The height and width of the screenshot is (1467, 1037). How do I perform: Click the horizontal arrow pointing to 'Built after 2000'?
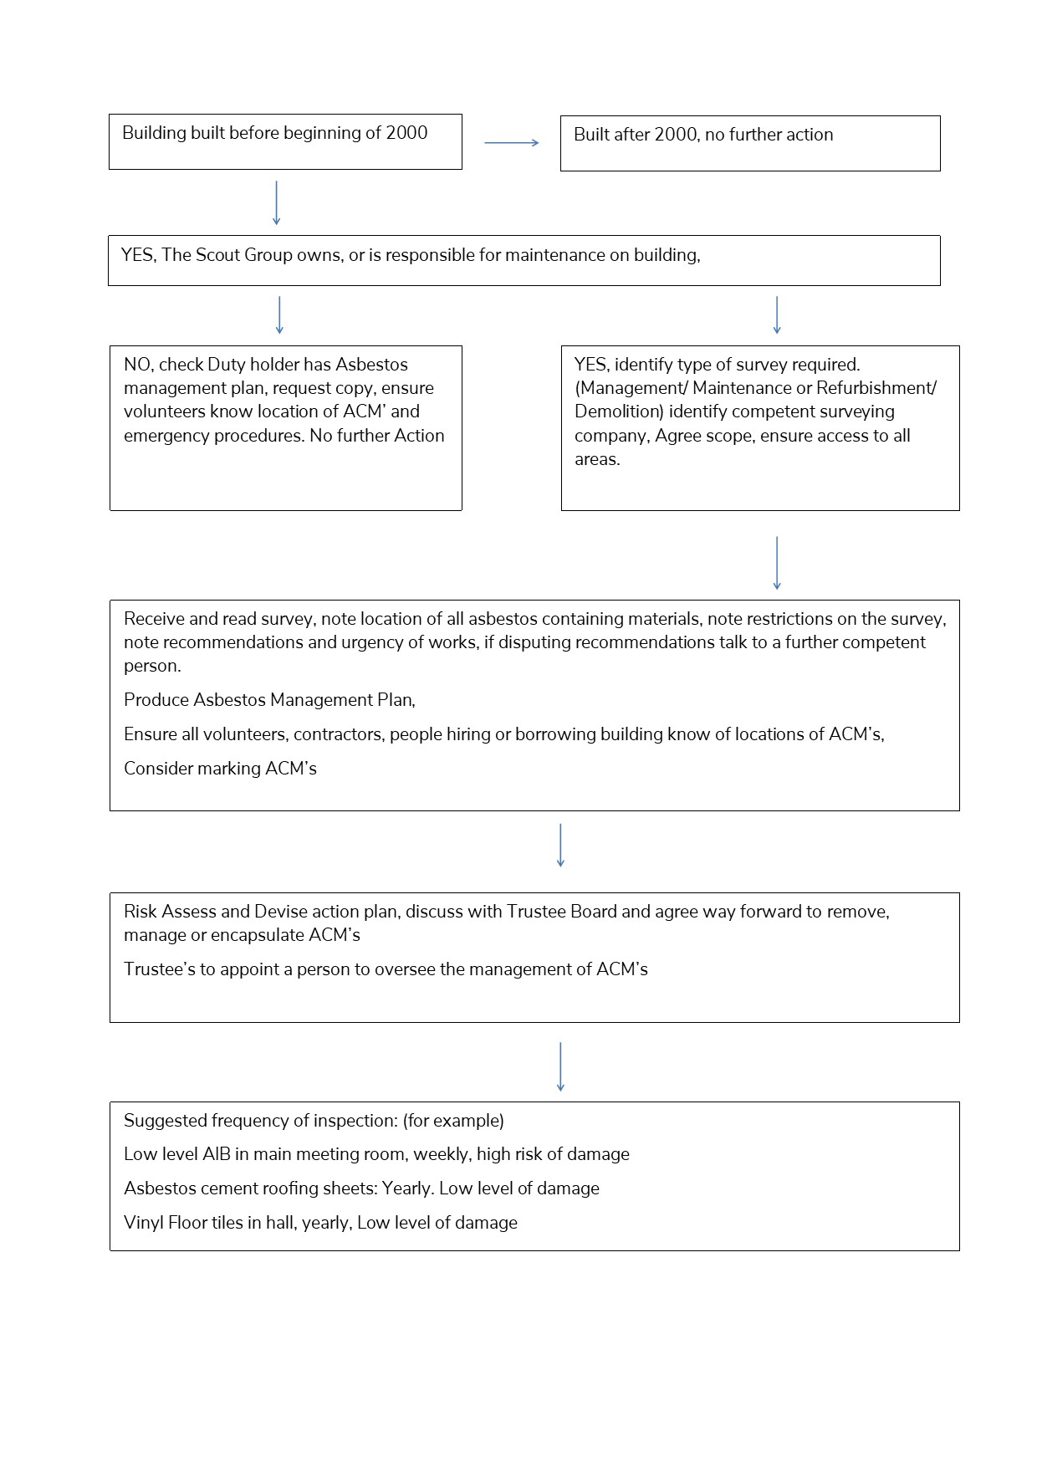click(x=511, y=143)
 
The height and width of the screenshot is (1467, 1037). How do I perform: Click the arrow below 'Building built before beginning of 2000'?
click(x=276, y=203)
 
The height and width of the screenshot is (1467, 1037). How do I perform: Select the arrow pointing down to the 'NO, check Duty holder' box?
click(x=279, y=315)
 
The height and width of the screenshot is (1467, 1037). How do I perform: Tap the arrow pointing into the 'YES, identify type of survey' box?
click(x=777, y=315)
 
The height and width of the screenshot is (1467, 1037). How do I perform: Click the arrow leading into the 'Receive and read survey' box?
click(x=777, y=563)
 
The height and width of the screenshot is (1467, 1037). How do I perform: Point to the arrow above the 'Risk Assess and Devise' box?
click(x=560, y=845)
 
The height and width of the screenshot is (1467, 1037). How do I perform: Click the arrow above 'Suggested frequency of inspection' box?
click(x=560, y=1066)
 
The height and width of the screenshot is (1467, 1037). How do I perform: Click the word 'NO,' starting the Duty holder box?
click(x=138, y=365)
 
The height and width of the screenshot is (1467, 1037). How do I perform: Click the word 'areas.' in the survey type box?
click(x=597, y=459)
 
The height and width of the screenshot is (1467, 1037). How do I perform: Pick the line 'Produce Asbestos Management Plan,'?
click(x=269, y=700)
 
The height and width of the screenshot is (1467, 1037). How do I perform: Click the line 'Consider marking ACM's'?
click(x=220, y=769)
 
